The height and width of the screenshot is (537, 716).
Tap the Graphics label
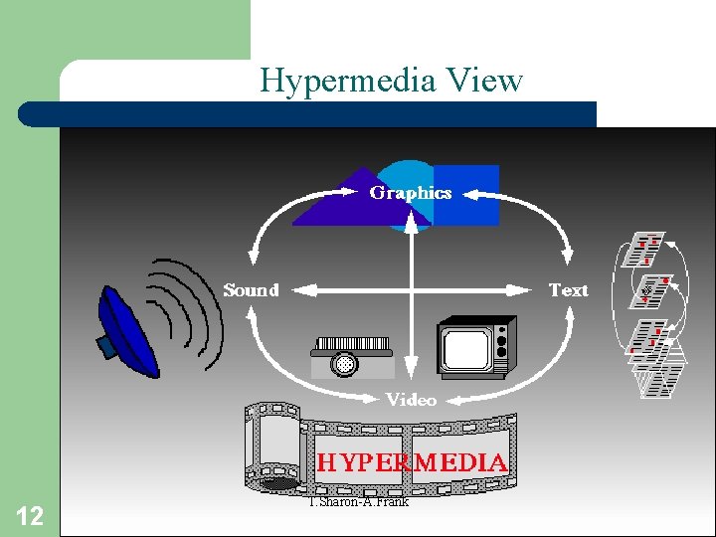(x=411, y=193)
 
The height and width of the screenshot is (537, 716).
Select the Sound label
(x=251, y=290)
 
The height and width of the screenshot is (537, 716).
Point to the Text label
(x=569, y=290)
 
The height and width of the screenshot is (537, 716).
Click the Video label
(x=411, y=400)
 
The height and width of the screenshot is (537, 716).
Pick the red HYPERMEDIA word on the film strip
(x=412, y=462)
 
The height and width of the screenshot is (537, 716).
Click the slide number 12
(x=31, y=515)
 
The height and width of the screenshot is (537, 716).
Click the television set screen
(x=467, y=346)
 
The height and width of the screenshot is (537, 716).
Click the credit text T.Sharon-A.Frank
(x=359, y=501)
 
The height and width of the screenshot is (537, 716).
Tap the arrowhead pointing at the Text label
(x=528, y=290)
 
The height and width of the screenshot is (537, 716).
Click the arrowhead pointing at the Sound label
(x=295, y=290)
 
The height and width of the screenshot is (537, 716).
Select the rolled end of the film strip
(x=269, y=447)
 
